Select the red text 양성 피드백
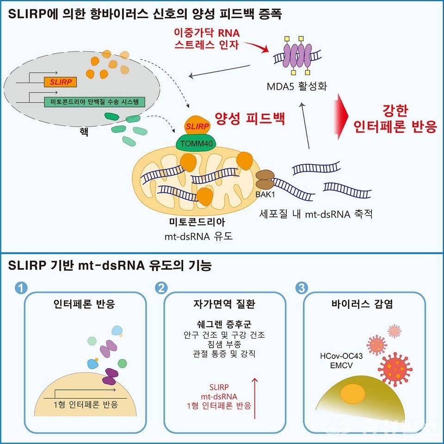pos(250,119)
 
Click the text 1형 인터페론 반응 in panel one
pos(84,405)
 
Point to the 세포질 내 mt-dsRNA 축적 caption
pos(316,215)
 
